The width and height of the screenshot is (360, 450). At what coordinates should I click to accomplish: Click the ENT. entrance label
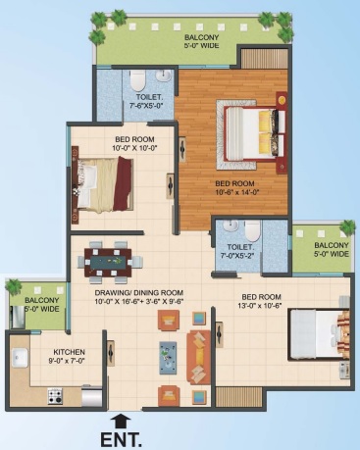point(121,439)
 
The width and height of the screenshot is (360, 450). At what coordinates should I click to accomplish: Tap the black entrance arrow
point(122,422)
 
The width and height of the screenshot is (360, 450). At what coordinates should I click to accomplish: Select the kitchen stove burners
point(54,396)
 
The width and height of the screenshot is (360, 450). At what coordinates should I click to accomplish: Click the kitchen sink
point(21,358)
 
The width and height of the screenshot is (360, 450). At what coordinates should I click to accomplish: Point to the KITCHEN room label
point(69,352)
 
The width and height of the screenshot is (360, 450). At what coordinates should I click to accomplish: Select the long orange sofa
point(198,358)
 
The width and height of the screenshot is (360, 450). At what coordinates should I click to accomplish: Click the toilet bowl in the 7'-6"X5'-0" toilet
point(137,80)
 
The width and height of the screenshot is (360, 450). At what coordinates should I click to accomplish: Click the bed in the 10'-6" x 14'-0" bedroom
point(251,134)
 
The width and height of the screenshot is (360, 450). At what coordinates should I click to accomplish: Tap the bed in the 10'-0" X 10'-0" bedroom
point(104,184)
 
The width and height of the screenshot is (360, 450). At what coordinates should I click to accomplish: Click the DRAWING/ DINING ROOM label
point(138,293)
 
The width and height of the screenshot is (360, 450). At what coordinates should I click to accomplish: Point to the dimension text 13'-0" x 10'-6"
point(261,306)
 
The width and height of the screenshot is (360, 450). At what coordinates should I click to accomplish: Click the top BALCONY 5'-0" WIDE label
point(201,41)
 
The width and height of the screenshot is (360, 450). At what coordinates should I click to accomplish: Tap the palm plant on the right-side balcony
point(347,227)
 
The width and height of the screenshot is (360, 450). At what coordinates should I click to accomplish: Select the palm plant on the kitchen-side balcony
point(14,286)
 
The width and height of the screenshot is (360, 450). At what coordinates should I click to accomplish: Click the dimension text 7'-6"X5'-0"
point(146,105)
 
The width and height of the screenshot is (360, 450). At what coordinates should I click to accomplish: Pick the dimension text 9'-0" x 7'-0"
point(69,361)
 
